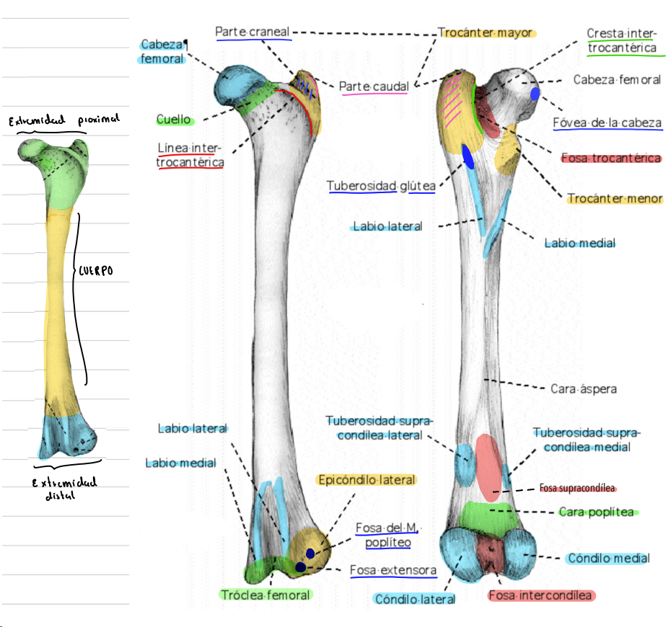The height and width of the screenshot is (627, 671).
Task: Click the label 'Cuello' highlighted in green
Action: click(x=174, y=119)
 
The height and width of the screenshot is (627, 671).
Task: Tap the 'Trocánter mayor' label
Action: click(x=486, y=33)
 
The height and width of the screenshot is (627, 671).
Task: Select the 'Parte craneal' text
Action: click(x=253, y=32)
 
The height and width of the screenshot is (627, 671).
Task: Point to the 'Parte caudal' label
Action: click(x=374, y=86)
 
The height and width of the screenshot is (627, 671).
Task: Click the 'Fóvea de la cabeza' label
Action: click(x=607, y=123)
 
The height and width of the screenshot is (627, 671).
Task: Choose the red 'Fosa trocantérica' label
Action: click(x=611, y=158)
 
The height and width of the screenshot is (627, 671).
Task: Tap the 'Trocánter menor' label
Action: click(x=614, y=198)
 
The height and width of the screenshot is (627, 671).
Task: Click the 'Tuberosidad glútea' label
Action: click(x=381, y=187)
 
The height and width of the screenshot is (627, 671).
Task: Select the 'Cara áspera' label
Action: click(x=584, y=388)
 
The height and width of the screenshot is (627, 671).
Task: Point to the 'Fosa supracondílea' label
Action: click(x=578, y=488)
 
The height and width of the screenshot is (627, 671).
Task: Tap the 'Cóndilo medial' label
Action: click(x=608, y=558)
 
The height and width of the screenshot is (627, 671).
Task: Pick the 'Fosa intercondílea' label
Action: click(x=540, y=595)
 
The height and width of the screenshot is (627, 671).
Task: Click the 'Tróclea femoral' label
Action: click(x=266, y=595)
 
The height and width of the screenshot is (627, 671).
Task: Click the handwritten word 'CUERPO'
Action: click(x=97, y=272)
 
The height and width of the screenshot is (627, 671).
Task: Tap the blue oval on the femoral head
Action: click(x=535, y=94)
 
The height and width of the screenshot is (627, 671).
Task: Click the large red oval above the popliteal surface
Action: click(x=488, y=467)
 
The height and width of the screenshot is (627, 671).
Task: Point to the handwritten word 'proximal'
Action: click(x=95, y=117)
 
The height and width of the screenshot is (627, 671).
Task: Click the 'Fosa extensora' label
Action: click(x=393, y=570)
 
